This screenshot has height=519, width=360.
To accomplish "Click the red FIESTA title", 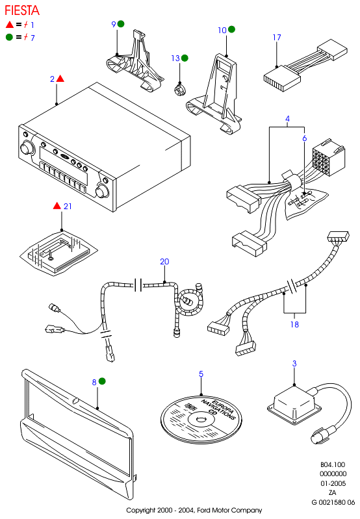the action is (x=22, y=10).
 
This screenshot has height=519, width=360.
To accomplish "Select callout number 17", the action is (x=277, y=38).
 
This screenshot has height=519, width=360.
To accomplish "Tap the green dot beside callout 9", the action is (x=121, y=24).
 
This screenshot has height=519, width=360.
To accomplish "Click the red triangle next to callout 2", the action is (x=60, y=79).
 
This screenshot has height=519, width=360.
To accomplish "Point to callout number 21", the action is (x=68, y=206).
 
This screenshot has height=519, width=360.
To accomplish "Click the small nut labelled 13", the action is (x=180, y=90).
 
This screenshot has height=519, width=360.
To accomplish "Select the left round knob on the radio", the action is (x=27, y=148).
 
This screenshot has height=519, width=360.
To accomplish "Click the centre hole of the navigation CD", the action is (x=201, y=420).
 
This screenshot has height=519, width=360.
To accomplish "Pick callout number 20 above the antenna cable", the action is (x=164, y=262).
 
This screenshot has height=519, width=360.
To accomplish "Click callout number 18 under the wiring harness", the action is (x=294, y=324).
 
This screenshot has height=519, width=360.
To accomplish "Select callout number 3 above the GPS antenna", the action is (x=294, y=364).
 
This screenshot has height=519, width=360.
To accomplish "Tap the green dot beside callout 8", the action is (x=102, y=381).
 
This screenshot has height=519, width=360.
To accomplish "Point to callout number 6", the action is (x=305, y=138).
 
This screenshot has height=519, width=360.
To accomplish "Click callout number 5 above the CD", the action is (x=201, y=373).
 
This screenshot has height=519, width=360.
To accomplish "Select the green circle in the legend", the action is (x=9, y=37).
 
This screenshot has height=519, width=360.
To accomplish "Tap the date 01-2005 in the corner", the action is (x=333, y=483).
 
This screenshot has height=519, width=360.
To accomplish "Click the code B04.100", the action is (x=333, y=464).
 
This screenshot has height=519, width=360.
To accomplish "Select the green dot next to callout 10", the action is (x=232, y=29).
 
